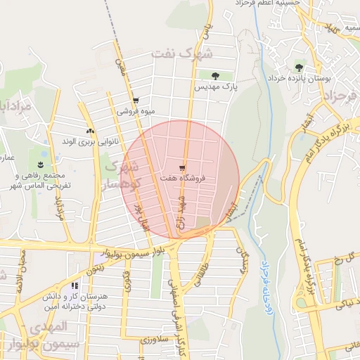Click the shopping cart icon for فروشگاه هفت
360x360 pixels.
(182, 168)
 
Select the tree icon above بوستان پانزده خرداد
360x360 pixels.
(299, 68)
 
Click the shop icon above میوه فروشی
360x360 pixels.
(136, 101)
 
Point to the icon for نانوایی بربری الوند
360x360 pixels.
(89, 131)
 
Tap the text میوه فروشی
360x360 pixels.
(135, 111)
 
